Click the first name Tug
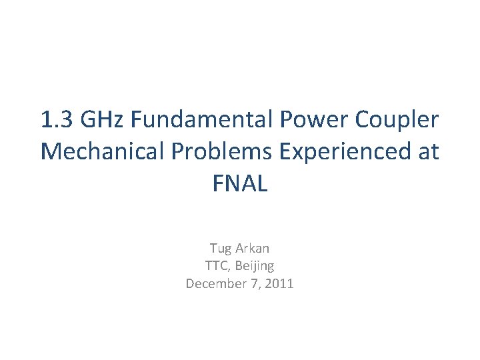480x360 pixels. pyautogui.click(x=221, y=249)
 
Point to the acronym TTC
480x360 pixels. pyautogui.click(x=216, y=266)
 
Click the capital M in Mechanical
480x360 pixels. pyautogui.click(x=51, y=152)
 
